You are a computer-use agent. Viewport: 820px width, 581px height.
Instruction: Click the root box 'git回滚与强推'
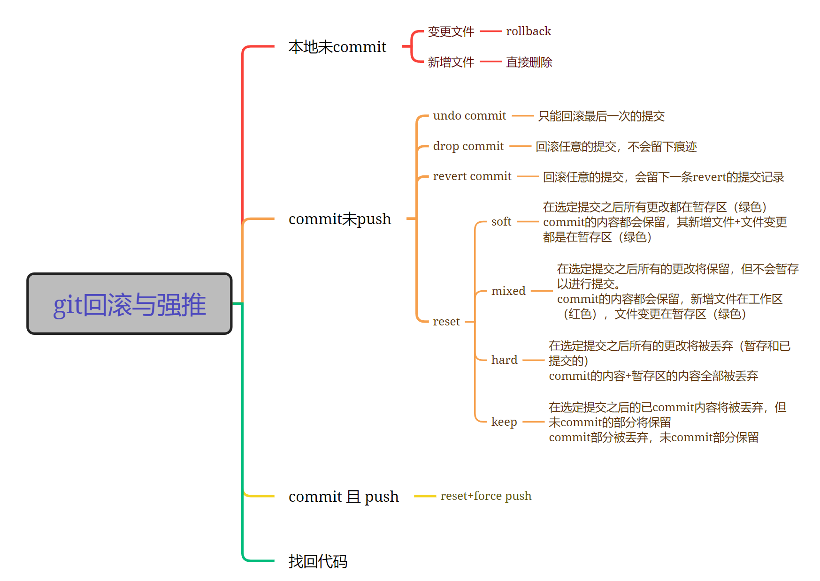click(130, 304)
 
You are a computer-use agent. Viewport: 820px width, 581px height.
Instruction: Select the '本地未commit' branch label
click(337, 47)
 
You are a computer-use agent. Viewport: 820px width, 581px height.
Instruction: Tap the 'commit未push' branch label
click(339, 219)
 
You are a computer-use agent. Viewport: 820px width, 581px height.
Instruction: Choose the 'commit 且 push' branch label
click(343, 496)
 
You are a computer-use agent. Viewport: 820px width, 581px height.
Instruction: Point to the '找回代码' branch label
click(318, 561)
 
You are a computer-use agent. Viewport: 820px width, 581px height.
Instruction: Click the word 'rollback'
click(528, 31)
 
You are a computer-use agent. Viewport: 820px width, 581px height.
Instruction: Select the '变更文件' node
click(451, 31)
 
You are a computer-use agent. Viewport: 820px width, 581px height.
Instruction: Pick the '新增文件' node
click(451, 62)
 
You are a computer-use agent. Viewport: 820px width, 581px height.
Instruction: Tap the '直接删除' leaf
click(529, 62)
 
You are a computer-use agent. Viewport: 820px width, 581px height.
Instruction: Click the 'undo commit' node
click(469, 116)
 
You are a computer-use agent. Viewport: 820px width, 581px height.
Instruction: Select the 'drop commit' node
click(468, 146)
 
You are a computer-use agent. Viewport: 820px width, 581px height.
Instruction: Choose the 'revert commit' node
click(472, 176)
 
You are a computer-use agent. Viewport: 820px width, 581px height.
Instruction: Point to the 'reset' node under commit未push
click(446, 322)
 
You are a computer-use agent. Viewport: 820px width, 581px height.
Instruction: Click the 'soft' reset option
click(501, 222)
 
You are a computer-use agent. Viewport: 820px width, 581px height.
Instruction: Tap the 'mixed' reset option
click(508, 291)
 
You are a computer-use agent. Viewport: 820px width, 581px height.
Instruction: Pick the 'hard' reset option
click(504, 360)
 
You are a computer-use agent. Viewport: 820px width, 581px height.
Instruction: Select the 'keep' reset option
click(504, 422)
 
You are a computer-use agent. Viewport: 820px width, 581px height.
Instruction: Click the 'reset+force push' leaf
click(485, 496)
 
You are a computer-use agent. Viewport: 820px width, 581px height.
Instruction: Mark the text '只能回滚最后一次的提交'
click(601, 116)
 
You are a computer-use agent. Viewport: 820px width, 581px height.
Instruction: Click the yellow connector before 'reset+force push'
click(425, 496)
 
